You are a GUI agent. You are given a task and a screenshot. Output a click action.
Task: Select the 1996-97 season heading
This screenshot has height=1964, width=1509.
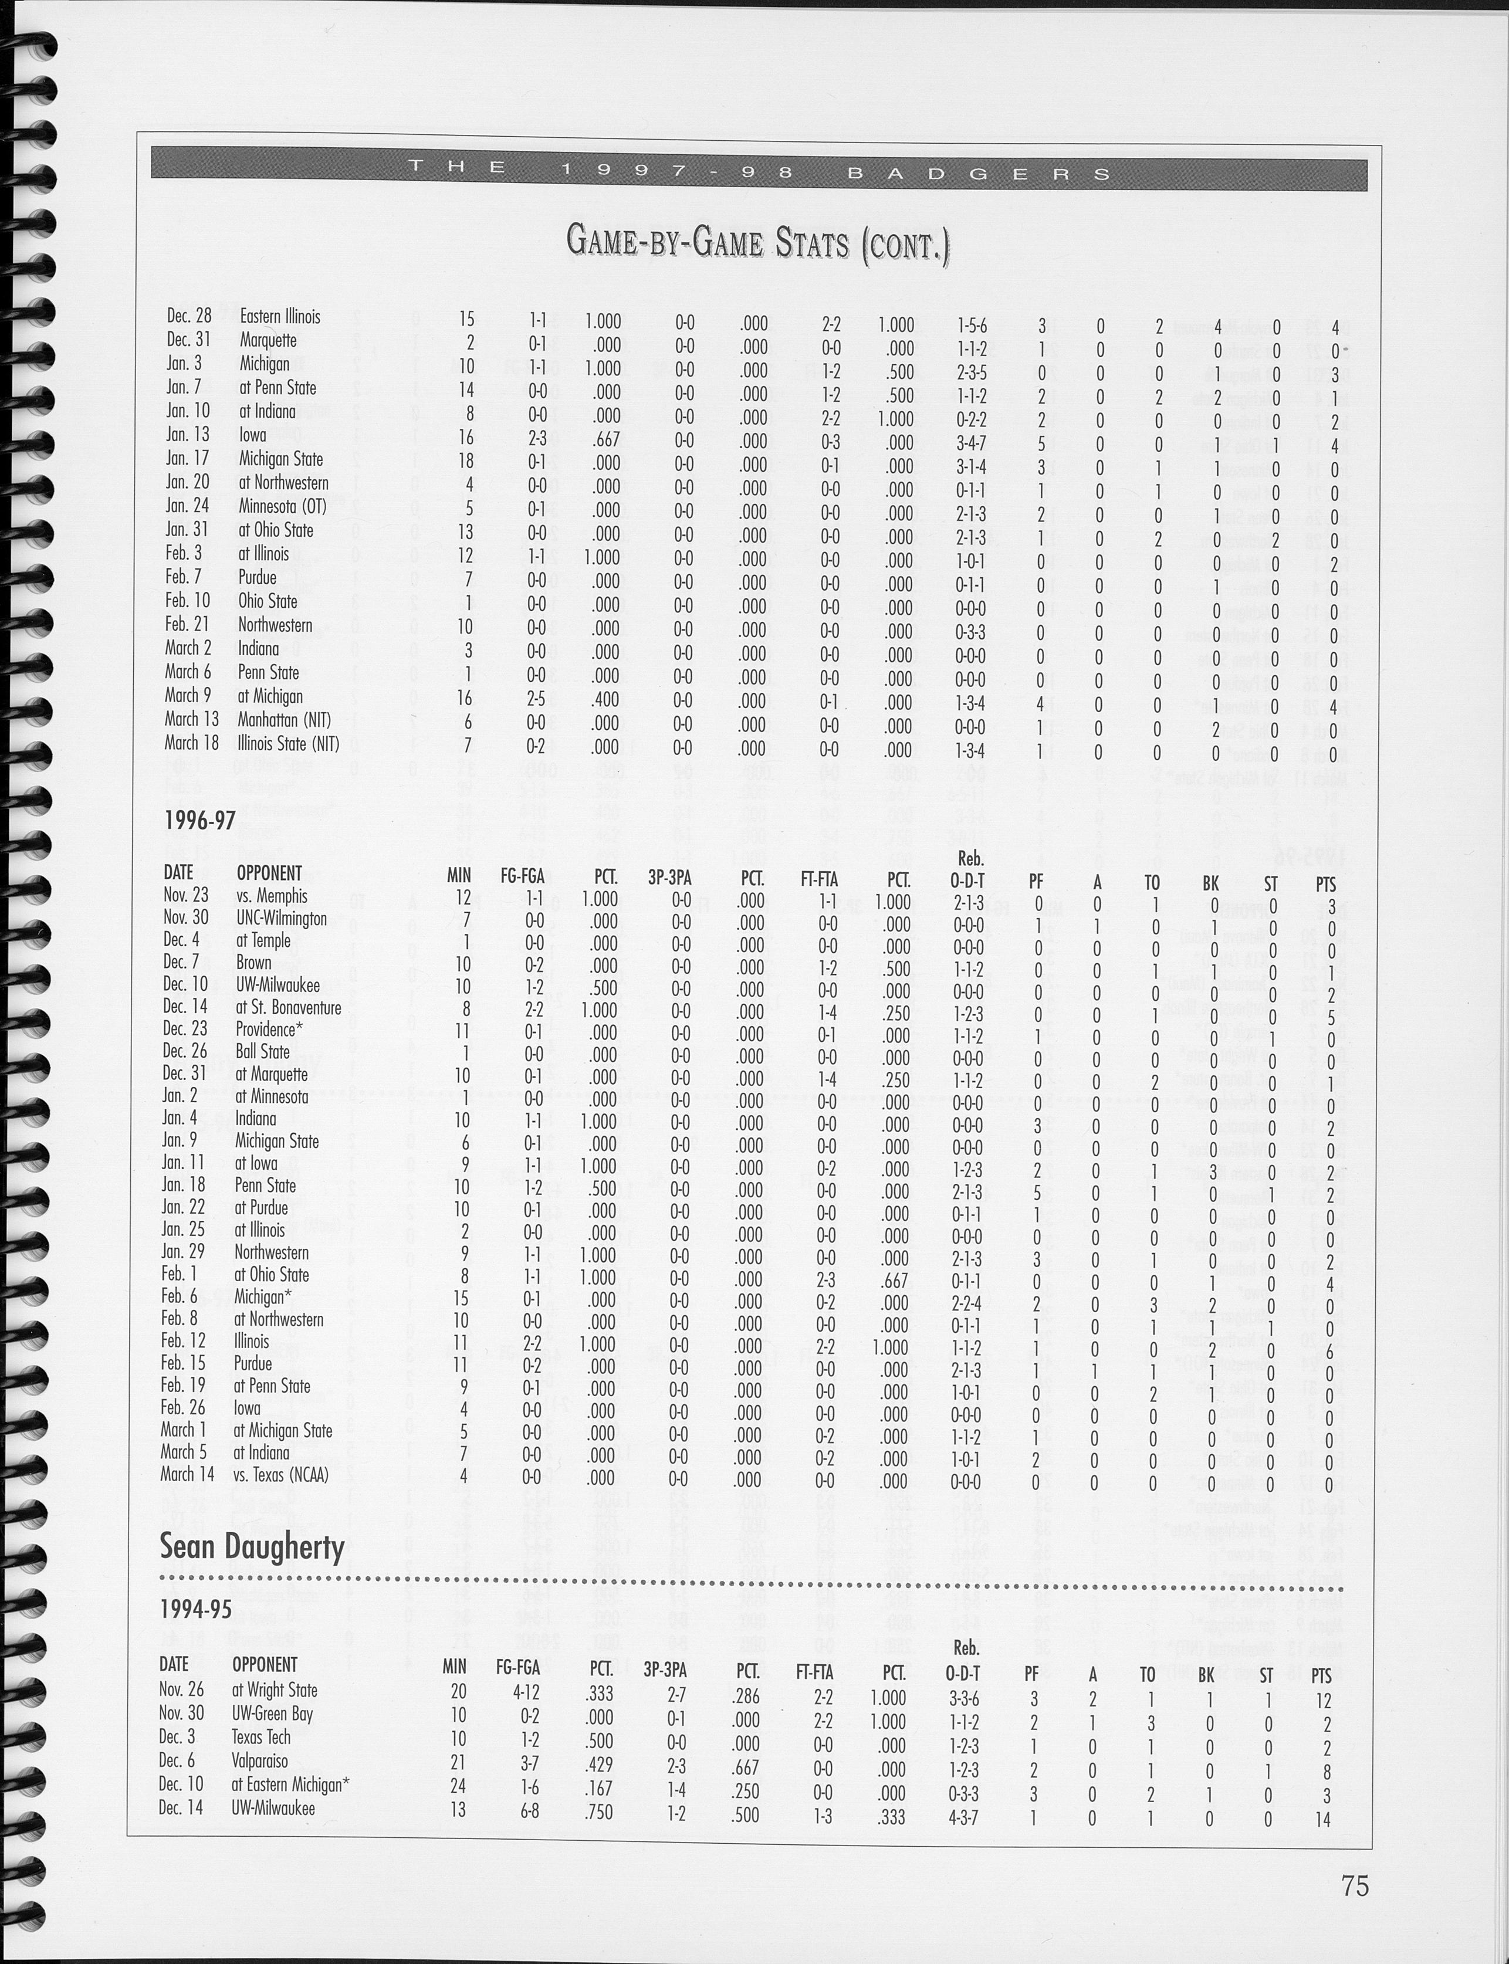click(x=199, y=820)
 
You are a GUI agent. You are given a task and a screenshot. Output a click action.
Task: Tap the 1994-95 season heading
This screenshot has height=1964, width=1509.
click(x=196, y=1610)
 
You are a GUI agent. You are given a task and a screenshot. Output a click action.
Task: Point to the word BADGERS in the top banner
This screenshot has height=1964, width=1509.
click(x=980, y=173)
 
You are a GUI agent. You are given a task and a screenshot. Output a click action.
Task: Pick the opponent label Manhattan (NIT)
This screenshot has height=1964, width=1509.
click(x=284, y=719)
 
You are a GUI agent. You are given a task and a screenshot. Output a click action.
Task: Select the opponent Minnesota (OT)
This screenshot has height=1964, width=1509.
click(x=282, y=506)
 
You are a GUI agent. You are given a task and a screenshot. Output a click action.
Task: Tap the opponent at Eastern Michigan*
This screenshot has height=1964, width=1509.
click(x=289, y=1784)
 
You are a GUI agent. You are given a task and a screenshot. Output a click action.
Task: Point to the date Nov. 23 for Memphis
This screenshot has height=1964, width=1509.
click(x=186, y=895)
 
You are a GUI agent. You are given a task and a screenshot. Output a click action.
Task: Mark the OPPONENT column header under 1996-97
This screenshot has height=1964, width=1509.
click(x=269, y=873)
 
